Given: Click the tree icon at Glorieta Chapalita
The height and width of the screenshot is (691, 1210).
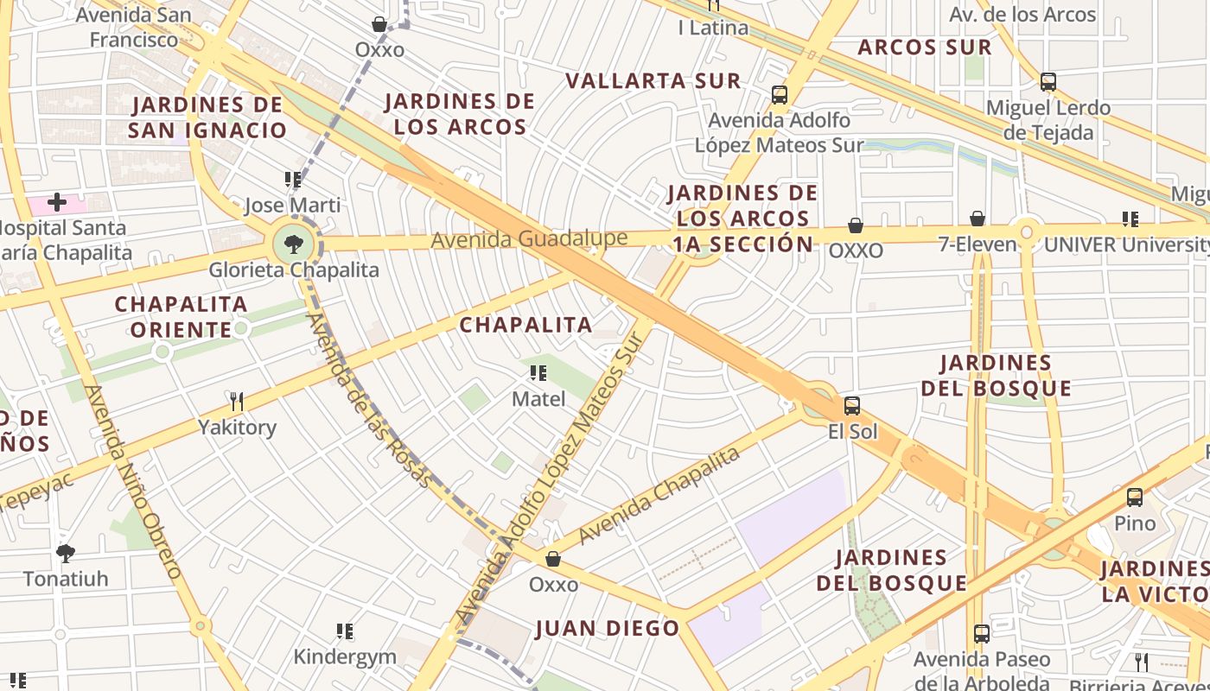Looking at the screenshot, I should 294,244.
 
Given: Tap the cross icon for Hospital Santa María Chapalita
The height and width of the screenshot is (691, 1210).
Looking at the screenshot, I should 57,203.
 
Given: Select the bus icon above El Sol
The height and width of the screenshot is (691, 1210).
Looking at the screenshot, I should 852,406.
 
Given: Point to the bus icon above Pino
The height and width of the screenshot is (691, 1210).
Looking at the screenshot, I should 1134,498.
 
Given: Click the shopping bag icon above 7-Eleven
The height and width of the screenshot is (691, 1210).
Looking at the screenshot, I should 978,219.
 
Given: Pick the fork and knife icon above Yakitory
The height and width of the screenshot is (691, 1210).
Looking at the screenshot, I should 237,401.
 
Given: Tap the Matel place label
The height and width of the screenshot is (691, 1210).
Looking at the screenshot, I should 538,399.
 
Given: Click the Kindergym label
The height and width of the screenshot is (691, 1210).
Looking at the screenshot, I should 345,656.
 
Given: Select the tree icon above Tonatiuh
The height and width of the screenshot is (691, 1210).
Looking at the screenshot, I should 65,553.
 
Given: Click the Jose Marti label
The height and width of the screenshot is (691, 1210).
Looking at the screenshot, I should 292,206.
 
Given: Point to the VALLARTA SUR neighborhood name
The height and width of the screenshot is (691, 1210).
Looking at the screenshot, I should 653,81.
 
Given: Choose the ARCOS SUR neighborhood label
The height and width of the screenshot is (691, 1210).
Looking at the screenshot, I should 924,48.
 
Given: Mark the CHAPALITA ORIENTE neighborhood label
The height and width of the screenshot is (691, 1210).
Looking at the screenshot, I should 181,317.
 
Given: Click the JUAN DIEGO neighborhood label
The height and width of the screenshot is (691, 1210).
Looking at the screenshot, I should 608,628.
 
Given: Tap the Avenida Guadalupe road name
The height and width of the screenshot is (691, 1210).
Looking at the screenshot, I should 529,239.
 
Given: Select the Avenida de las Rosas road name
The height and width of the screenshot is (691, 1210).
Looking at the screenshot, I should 368,400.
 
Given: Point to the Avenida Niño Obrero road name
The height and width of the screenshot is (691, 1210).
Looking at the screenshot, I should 134,482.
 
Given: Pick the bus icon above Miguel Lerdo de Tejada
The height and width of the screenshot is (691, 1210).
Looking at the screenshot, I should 1048,82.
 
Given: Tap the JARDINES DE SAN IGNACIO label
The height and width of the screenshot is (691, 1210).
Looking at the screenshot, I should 207,117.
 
